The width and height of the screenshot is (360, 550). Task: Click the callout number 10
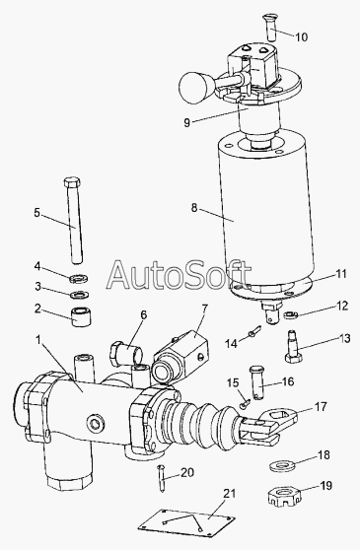tap(301, 36)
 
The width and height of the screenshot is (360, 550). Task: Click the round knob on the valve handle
tap(193, 88)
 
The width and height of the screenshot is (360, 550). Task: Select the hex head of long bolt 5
tap(72, 182)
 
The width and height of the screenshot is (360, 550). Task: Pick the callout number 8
tap(194, 208)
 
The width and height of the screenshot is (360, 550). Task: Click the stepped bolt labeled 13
tap(294, 347)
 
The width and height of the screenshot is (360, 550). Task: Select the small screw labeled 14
tap(254, 330)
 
